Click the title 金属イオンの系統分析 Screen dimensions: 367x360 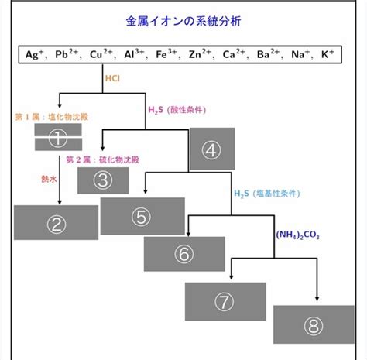tap(183, 21)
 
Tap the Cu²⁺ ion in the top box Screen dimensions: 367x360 tap(101, 54)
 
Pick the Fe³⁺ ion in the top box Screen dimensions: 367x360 tap(166, 54)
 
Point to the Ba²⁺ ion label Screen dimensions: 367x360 tap(269, 54)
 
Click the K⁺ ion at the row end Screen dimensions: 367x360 tap(328, 54)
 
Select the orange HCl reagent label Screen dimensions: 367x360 tap(112, 78)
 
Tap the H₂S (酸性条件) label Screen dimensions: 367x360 tap(177, 110)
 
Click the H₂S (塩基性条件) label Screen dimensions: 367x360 tap(267, 194)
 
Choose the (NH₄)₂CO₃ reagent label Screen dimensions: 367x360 tap(297, 235)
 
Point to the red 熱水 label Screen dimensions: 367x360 tap(49, 179)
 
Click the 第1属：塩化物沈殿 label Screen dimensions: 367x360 tap(52, 117)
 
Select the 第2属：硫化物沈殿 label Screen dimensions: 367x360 tap(103, 159)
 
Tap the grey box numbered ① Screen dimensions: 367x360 tap(58, 137)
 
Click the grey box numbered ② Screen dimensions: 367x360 tap(56, 222)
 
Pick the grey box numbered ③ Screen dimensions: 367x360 tap(103, 180)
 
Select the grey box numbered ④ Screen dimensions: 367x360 tap(212, 149)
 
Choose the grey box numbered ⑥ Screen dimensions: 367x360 tap(184, 254)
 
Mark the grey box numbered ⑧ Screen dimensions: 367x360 tap(314, 324)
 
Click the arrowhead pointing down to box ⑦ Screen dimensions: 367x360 tap(232, 277)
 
